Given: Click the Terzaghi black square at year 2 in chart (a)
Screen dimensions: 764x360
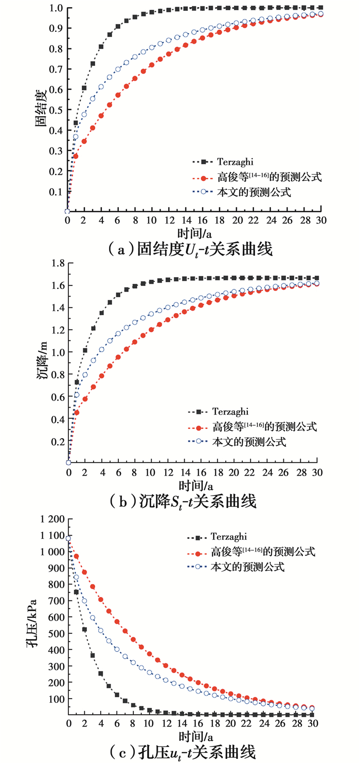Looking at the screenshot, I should (x=84, y=88).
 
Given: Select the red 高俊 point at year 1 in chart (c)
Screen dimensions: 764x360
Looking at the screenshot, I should (x=77, y=556).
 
